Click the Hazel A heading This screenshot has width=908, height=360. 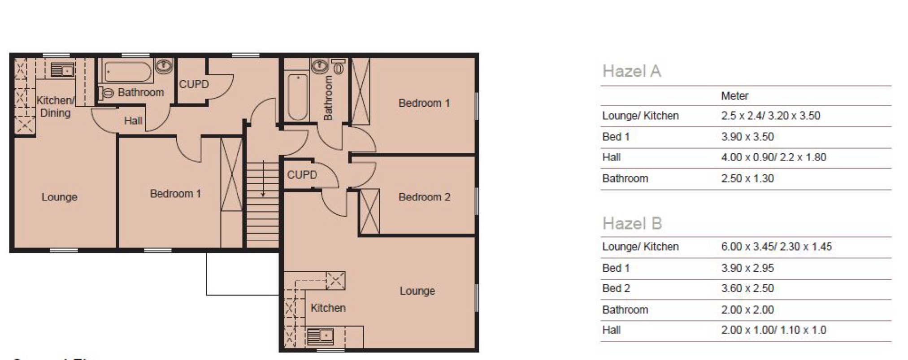pos(631,71)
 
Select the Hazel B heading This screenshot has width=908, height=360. pos(632,223)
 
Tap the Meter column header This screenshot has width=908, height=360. pos(734,96)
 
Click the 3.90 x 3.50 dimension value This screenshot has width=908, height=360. pos(747,137)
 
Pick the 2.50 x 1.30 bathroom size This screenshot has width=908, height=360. pos(747,178)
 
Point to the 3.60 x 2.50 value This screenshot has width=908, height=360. pos(747,288)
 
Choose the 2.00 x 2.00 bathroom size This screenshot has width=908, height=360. pos(747,309)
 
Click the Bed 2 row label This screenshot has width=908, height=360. pos(616,288)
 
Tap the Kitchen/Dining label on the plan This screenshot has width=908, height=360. pos(55,107)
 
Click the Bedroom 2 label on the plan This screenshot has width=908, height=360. pos(424,197)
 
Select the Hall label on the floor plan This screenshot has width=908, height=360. pos(133,121)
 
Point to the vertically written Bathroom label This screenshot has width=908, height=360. pos(328,98)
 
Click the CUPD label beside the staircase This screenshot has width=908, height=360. pos(302,174)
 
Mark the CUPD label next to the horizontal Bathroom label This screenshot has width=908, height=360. pos(194,84)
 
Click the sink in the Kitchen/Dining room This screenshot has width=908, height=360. pos(62,70)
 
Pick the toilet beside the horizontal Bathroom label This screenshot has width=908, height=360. pos(108,93)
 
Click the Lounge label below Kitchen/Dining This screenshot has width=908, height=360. pos(59,197)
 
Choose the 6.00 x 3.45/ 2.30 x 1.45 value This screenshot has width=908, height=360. pos(776,247)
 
